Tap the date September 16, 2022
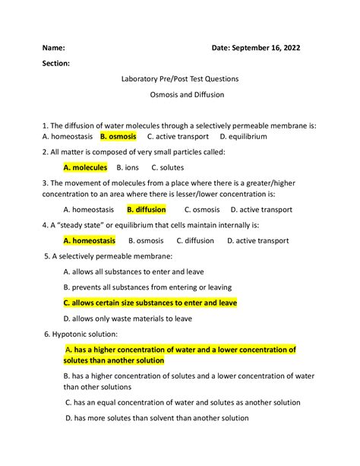(x=256, y=47)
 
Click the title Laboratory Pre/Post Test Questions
(x=179, y=79)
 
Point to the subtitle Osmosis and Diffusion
(x=180, y=95)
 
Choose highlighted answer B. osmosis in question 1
(x=118, y=137)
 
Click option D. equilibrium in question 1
(x=243, y=137)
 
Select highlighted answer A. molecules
(x=85, y=167)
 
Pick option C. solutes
(x=167, y=167)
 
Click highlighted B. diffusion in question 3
(x=147, y=210)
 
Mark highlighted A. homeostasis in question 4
(x=90, y=241)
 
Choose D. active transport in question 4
(x=257, y=241)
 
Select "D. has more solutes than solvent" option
(x=157, y=418)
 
